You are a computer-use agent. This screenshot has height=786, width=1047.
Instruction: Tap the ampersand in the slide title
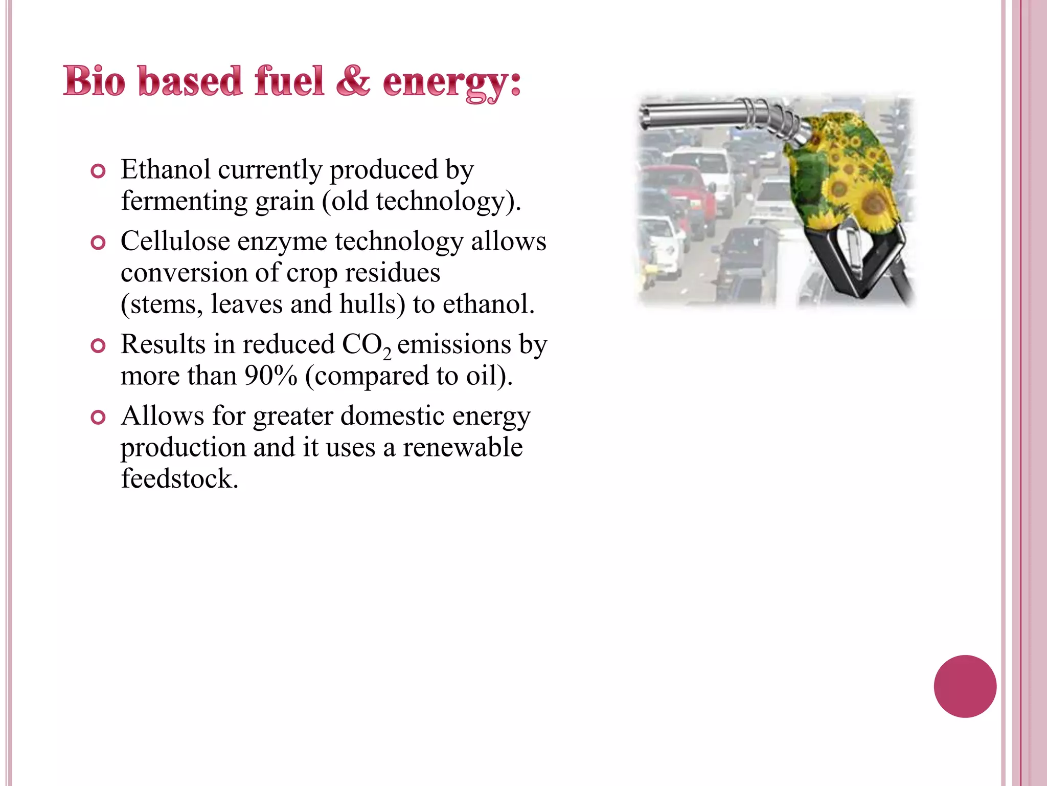coord(353,81)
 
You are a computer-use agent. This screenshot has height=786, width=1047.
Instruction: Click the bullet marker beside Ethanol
coord(97,171)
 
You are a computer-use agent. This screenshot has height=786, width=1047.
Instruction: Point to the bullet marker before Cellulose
coord(97,243)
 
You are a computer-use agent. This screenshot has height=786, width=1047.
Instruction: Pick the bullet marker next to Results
coord(97,346)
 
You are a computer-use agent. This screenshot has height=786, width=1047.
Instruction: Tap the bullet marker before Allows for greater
coord(97,418)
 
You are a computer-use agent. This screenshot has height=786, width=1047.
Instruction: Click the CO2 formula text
coord(366,345)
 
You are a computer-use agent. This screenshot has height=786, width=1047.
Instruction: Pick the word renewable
coord(463,447)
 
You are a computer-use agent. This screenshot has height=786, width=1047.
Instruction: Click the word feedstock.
coord(179,479)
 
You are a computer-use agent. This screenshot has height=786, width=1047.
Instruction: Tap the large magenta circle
coord(965,686)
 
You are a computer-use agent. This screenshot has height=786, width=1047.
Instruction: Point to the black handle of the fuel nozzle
coord(838,256)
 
